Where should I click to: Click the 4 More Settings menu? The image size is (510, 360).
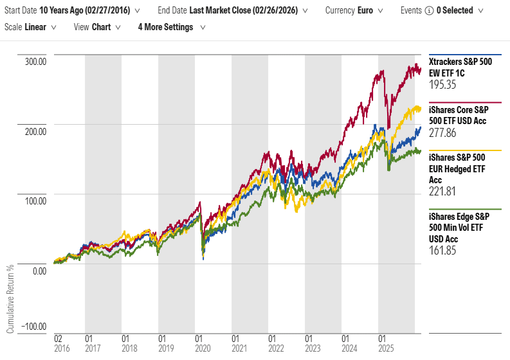(x=170, y=27)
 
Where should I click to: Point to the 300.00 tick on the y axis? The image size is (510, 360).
(x=35, y=62)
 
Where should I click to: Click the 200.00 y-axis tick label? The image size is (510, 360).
(x=35, y=132)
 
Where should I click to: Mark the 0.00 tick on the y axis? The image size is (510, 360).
(x=39, y=271)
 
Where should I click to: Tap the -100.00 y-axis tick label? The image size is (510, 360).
(x=33, y=327)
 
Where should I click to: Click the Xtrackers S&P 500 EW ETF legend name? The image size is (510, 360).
(x=460, y=67)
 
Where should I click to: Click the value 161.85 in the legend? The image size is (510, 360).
(x=442, y=250)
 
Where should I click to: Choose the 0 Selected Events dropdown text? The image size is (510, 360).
(x=453, y=10)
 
